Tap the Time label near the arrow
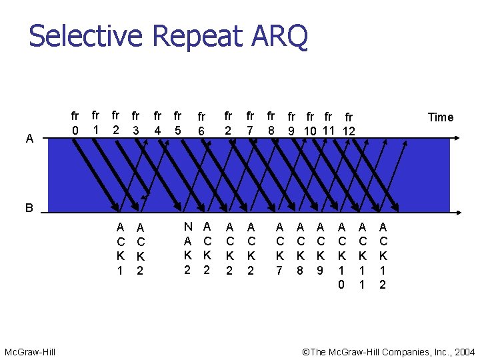[x=440, y=117]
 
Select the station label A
[x=29, y=139]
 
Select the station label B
[x=29, y=208]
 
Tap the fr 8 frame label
[x=271, y=123]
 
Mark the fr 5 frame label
[x=177, y=123]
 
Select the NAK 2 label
[x=187, y=248]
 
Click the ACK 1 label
[x=120, y=249]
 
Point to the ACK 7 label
[x=280, y=248]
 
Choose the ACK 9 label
[x=321, y=248]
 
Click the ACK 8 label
[x=301, y=248]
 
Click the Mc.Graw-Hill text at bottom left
[x=30, y=351]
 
